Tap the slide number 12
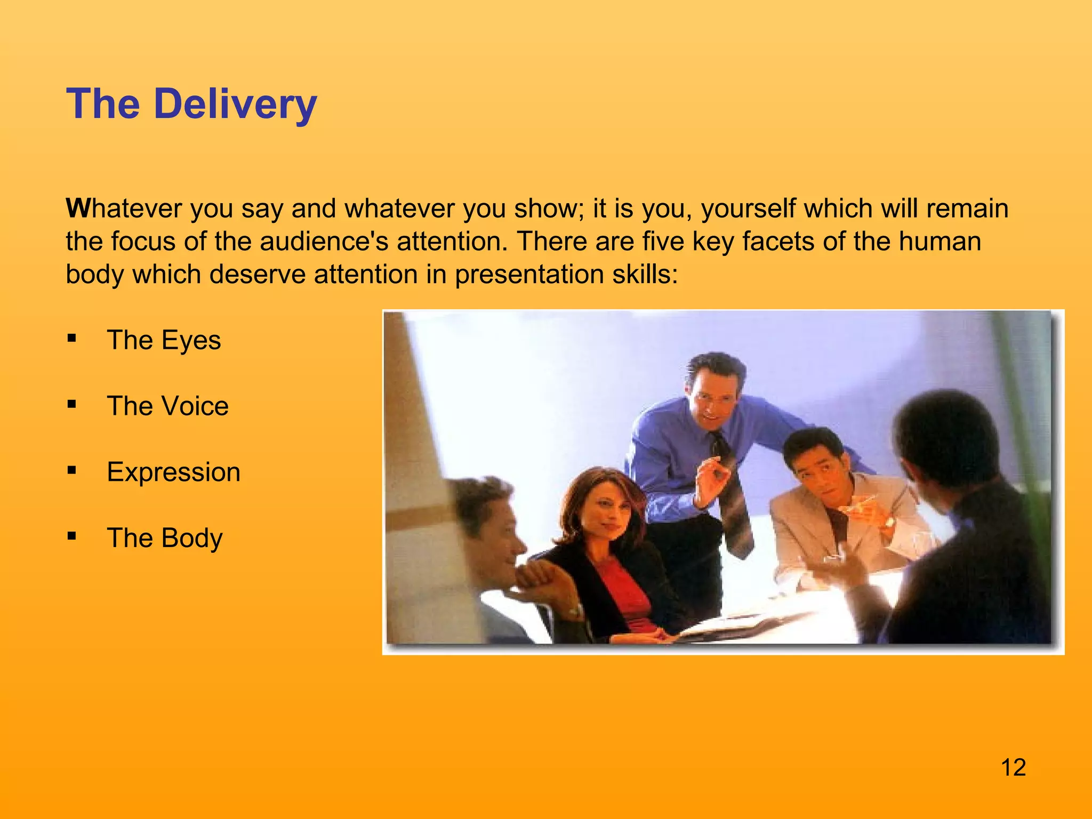tap(1013, 768)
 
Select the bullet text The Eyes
tap(164, 340)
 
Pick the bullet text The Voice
tap(167, 406)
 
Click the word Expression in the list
tap(173, 472)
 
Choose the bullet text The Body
tap(165, 538)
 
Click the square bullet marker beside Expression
tap(72, 470)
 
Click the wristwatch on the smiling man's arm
tap(574, 611)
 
